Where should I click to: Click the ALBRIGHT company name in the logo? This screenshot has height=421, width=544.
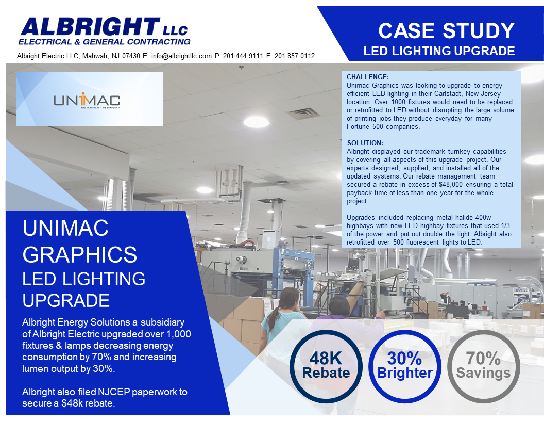click(x=90, y=26)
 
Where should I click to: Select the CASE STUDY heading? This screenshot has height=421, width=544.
click(x=446, y=31)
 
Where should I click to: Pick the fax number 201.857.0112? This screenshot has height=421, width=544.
click(x=294, y=56)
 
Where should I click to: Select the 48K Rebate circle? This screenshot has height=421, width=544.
click(x=326, y=366)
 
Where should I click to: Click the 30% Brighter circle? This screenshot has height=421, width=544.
click(x=405, y=366)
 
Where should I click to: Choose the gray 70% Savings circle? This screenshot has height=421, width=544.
click(x=483, y=366)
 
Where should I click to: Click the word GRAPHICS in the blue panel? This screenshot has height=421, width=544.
click(x=80, y=254)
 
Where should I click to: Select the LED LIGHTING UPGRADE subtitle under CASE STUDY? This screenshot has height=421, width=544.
click(x=439, y=51)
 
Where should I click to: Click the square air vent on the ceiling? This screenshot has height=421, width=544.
click(x=304, y=114)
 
